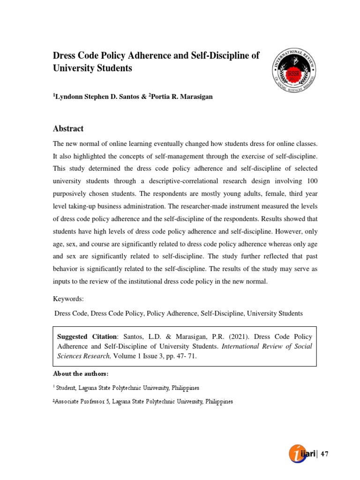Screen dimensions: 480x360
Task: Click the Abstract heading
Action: pos(68,129)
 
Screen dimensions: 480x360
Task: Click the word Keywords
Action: pos(68,299)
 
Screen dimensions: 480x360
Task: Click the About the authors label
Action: pos(80,374)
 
